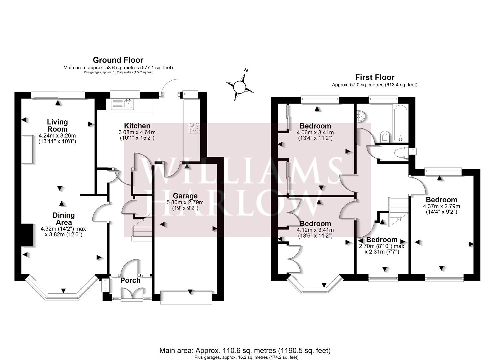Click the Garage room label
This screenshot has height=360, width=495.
point(185,196)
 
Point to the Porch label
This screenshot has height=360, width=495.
point(130,280)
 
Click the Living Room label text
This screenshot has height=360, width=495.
point(57,126)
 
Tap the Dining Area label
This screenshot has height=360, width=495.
point(63,219)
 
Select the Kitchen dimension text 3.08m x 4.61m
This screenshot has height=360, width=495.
point(137,132)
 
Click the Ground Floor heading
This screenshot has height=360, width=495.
point(118,60)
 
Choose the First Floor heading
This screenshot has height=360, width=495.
point(375,77)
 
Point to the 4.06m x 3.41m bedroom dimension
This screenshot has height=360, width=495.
point(315,132)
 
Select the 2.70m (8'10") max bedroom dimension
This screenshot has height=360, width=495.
point(381,246)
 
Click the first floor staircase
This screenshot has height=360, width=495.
point(398,210)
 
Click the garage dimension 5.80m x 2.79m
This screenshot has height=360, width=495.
point(185,202)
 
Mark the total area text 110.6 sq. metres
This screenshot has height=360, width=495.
point(245,350)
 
